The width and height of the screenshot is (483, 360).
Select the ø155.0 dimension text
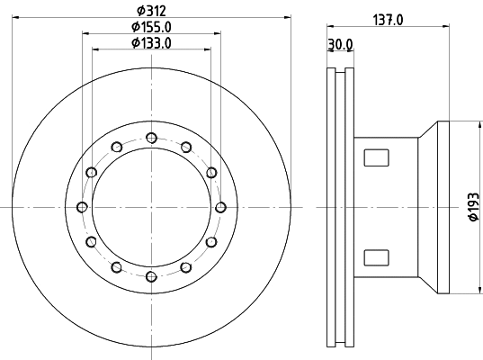tap(149, 27)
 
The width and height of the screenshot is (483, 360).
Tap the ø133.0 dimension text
tap(149, 43)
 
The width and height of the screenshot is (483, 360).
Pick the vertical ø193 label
tap(472, 208)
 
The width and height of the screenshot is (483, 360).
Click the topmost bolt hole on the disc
tap(150, 137)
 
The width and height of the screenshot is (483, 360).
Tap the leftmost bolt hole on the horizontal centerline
tap(81, 207)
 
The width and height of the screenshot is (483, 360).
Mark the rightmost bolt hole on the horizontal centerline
tap(220, 207)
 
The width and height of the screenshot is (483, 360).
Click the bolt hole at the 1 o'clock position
tap(185, 147)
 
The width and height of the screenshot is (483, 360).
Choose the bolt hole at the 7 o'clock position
tap(115, 267)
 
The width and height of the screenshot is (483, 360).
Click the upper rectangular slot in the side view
tap(375, 158)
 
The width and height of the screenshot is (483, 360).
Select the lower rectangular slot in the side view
tap(375, 257)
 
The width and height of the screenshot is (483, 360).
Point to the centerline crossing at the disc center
tap(150, 207)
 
